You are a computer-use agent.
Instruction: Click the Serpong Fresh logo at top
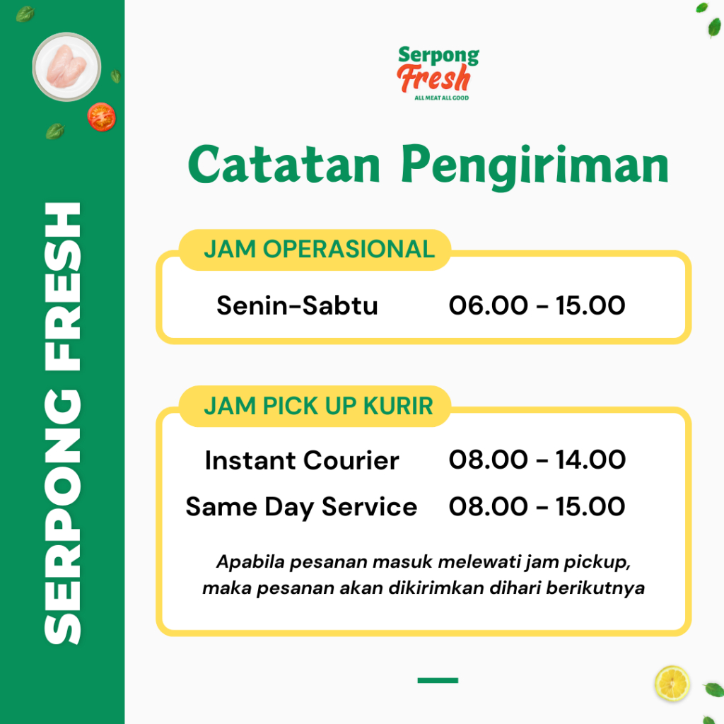(x=438, y=73)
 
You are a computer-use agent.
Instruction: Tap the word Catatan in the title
(x=284, y=165)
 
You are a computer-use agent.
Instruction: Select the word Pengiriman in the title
(x=535, y=167)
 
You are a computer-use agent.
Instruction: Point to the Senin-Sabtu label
(x=298, y=305)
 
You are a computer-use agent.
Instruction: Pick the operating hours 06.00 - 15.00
(x=537, y=305)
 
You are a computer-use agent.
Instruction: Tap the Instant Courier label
(x=302, y=460)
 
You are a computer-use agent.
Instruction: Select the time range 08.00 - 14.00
(x=537, y=460)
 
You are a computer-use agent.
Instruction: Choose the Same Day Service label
(x=301, y=507)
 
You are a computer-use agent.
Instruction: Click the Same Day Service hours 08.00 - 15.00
(x=537, y=506)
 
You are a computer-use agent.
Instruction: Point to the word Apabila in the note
(x=250, y=562)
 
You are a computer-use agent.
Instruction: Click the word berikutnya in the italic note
(x=595, y=588)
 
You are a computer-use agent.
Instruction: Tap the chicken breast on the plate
(x=66, y=66)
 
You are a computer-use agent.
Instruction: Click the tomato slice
(x=102, y=117)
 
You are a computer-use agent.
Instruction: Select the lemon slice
(x=672, y=684)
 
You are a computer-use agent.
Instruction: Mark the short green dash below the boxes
(x=438, y=680)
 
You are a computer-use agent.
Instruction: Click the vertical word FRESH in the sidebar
(x=63, y=286)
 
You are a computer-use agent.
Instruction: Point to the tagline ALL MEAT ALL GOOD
(x=441, y=98)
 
